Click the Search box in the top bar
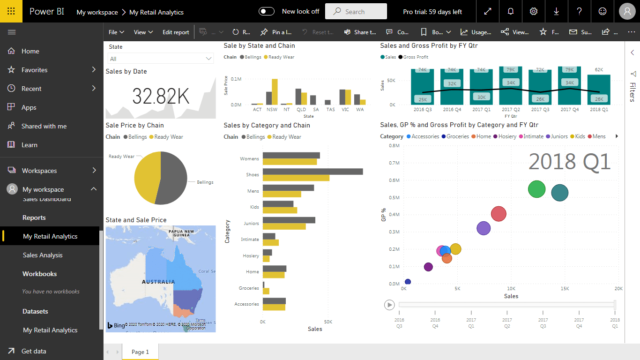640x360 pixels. (356, 12)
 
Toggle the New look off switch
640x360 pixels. (267, 11)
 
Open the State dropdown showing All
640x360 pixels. (161, 59)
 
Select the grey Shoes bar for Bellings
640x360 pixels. (313, 172)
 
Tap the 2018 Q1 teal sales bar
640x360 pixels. (599, 89)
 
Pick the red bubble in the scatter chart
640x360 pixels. (499, 214)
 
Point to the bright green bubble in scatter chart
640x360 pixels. (536, 189)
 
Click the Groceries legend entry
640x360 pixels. (457, 136)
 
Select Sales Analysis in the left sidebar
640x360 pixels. (43, 255)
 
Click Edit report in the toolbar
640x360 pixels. (176, 32)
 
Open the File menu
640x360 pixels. (116, 32)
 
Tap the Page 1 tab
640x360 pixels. (140, 352)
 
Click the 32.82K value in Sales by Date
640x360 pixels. (161, 96)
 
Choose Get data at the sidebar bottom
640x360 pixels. (34, 351)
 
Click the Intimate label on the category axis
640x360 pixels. (250, 240)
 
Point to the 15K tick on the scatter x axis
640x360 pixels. (565, 289)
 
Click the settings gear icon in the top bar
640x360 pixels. (533, 12)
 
